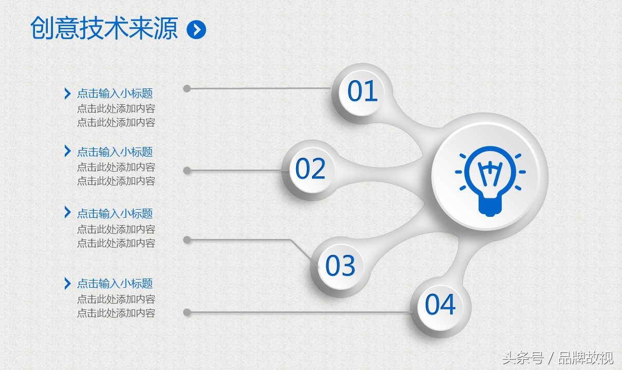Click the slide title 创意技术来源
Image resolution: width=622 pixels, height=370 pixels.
tap(104, 28)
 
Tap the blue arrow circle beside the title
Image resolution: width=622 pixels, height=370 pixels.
tap(196, 29)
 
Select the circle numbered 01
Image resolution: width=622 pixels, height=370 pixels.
tap(362, 91)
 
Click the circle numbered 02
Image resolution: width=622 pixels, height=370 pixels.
tap(310, 169)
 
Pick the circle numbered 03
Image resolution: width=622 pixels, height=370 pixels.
tap(340, 266)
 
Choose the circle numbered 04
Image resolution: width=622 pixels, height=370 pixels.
tap(441, 305)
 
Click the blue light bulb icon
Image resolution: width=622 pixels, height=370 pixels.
tap(490, 181)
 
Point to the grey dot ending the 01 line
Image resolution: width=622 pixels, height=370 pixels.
tap(187, 88)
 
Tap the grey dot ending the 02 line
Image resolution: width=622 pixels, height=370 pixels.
tap(187, 171)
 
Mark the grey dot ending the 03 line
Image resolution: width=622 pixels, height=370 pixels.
tap(187, 240)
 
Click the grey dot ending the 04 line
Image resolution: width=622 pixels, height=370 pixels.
tap(187, 312)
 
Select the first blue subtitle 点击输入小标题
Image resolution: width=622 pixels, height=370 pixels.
tap(115, 94)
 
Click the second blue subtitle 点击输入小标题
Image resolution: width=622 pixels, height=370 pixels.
tap(115, 152)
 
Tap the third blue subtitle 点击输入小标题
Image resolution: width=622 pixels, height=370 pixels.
tap(115, 214)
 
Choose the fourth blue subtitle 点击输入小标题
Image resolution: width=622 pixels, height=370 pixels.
tap(115, 284)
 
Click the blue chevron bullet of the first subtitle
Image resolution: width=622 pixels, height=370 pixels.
tap(67, 94)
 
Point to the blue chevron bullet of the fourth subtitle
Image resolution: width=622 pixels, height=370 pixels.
tap(67, 284)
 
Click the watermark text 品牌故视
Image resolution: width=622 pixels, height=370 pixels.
tap(586, 358)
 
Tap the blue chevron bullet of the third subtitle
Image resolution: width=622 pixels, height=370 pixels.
tap(67, 212)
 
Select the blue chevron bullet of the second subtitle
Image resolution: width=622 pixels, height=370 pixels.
tap(67, 151)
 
